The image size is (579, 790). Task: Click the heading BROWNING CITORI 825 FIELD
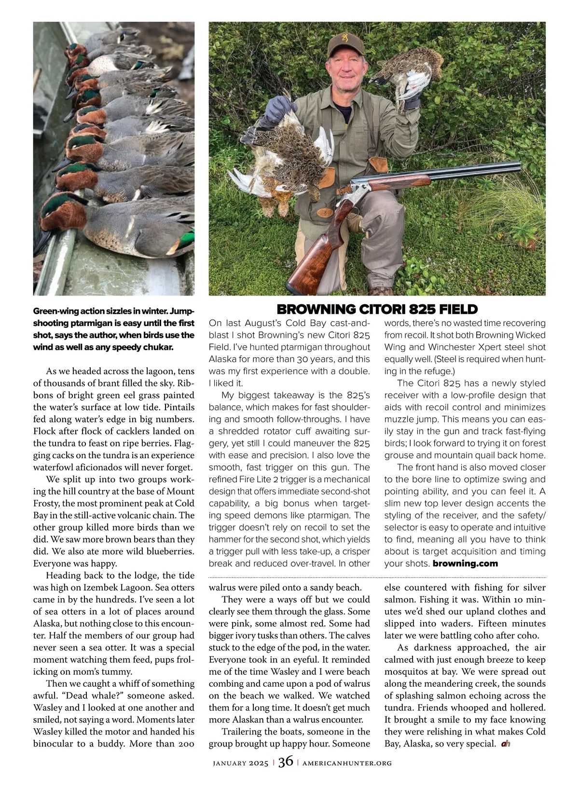click(377, 309)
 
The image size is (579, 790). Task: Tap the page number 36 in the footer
click(286, 762)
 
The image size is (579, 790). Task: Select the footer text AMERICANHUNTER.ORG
click(347, 763)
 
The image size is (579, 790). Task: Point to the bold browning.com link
click(465, 563)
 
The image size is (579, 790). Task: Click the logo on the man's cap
click(344, 36)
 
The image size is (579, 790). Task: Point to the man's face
click(345, 68)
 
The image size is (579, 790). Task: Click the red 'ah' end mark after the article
click(506, 744)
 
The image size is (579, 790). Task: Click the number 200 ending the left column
click(185, 744)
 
